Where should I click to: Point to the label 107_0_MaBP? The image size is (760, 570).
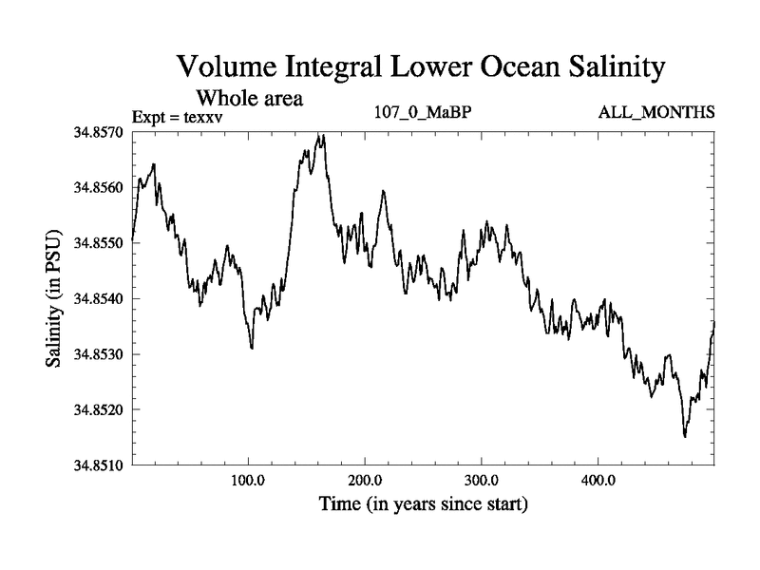click(424, 113)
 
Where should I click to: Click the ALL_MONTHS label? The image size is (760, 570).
click(655, 113)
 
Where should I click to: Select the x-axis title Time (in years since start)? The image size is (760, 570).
click(422, 504)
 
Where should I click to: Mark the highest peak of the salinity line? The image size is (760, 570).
click(324, 135)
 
